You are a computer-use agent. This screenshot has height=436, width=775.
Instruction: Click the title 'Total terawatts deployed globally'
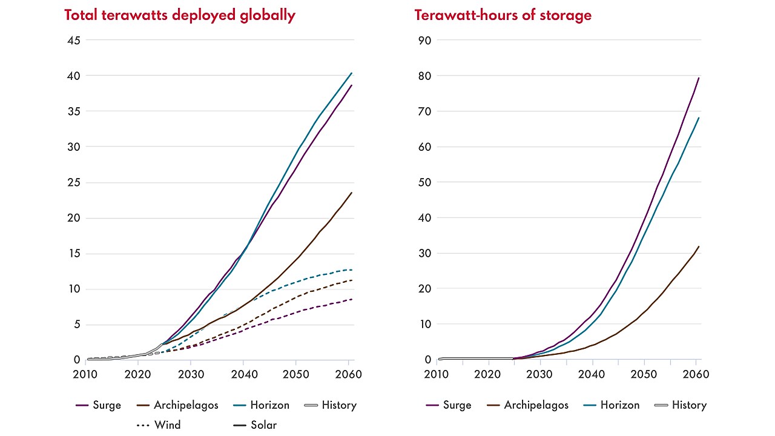180,16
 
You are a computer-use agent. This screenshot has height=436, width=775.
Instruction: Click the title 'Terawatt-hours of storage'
503,16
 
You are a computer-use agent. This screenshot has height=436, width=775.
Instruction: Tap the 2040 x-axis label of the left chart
243,374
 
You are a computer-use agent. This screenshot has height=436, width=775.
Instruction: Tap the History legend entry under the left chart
330,405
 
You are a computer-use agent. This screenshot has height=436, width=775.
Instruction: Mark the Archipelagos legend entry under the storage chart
527,405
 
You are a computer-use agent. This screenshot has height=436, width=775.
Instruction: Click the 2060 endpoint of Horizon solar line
352,73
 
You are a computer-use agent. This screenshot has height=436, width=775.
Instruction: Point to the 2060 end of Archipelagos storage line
699,246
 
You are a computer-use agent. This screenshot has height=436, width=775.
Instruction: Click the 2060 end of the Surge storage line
699,78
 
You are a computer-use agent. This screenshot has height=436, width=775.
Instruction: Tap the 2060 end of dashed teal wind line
352,269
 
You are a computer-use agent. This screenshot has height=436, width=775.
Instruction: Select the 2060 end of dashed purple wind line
352,299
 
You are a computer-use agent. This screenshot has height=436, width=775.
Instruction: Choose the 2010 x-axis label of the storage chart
436,374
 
